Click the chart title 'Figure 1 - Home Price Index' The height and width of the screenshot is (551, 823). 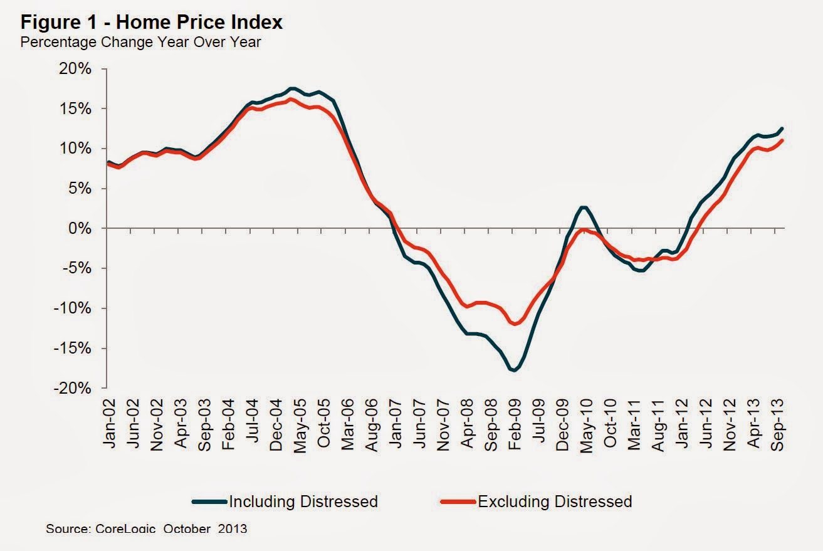coord(152,23)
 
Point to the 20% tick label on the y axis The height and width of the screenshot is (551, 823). coord(76,69)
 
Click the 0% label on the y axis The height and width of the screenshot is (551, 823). coord(79,229)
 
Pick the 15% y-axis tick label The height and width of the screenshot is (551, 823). coord(76,109)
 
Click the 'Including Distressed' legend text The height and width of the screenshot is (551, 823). coord(303,501)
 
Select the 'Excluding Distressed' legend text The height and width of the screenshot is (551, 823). coord(555,501)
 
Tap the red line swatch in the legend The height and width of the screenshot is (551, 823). coord(459,501)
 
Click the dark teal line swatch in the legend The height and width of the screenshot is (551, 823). coord(209,501)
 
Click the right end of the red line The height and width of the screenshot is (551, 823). coord(782,140)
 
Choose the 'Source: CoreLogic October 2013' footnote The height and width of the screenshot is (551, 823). coord(147,528)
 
